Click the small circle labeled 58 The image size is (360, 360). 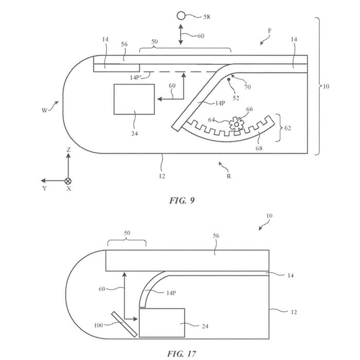(x=181, y=16)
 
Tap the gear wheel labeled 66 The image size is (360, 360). (x=236, y=124)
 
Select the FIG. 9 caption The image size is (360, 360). (x=182, y=201)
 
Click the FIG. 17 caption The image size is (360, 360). (x=182, y=354)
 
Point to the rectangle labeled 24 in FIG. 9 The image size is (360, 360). (x=134, y=99)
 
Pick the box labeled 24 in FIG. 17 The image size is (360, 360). (x=162, y=323)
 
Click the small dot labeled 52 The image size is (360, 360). (x=229, y=79)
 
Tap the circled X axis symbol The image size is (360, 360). (x=68, y=181)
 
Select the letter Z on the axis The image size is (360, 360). (x=68, y=150)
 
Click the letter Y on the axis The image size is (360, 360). (x=45, y=189)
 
